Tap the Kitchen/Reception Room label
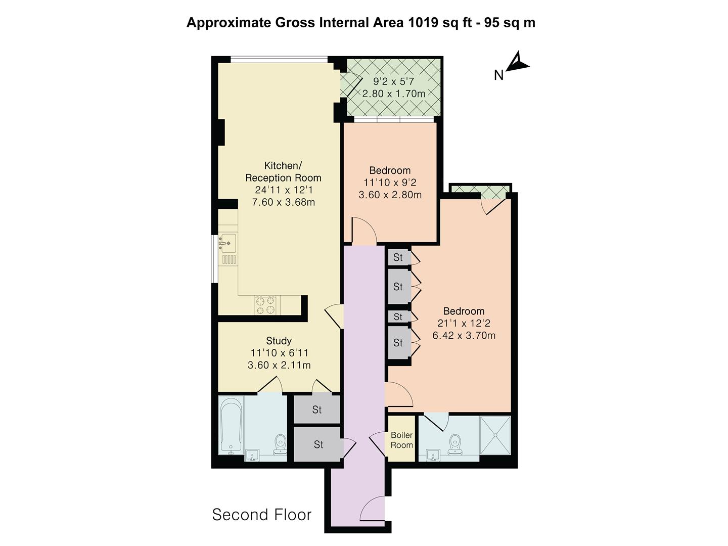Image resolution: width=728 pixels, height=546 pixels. click(x=283, y=172)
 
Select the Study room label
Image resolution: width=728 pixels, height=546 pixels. click(x=279, y=341)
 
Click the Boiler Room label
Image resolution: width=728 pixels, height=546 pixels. click(x=402, y=440)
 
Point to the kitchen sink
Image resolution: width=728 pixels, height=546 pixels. click(x=227, y=243)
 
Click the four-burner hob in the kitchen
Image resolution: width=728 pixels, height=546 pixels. click(x=265, y=305)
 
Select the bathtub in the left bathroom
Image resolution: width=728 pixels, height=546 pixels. click(x=231, y=425)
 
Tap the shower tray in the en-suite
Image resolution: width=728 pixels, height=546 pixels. click(x=495, y=435)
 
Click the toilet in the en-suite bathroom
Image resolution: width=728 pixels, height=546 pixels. click(x=456, y=443)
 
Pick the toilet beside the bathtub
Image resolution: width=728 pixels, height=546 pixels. click(x=280, y=445)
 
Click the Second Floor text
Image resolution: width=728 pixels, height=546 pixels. click(x=261, y=515)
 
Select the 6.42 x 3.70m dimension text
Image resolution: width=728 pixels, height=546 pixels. click(x=464, y=335)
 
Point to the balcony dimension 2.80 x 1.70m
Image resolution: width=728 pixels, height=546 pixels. click(x=393, y=94)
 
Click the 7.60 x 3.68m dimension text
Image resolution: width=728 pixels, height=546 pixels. click(x=283, y=202)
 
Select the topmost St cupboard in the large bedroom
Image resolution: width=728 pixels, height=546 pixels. click(x=398, y=257)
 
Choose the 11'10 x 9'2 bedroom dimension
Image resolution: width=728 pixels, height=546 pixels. click(x=389, y=183)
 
